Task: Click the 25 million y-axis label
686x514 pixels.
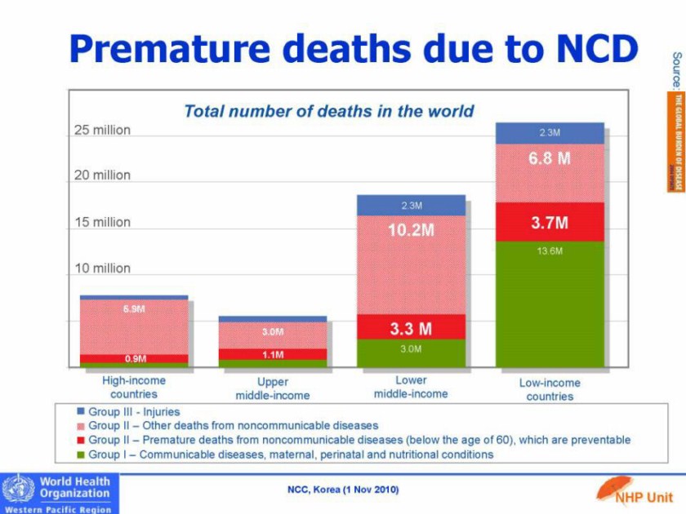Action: (103, 131)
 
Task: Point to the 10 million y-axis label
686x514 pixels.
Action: (103, 268)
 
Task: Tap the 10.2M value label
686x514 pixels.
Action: (411, 230)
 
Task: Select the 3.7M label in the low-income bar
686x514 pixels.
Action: (550, 222)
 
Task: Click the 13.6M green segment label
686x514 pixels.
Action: (550, 252)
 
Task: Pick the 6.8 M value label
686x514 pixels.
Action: (550, 159)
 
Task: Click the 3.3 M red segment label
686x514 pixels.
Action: (411, 329)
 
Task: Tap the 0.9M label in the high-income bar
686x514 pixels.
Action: (135, 358)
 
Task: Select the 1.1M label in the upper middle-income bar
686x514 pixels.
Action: (273, 355)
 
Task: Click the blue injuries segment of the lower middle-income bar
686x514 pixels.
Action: (411, 205)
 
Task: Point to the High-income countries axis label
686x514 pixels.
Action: (134, 387)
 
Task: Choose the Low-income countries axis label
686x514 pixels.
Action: (550, 389)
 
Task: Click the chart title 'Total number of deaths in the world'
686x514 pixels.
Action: (328, 111)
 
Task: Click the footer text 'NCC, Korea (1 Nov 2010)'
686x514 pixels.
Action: (343, 490)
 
